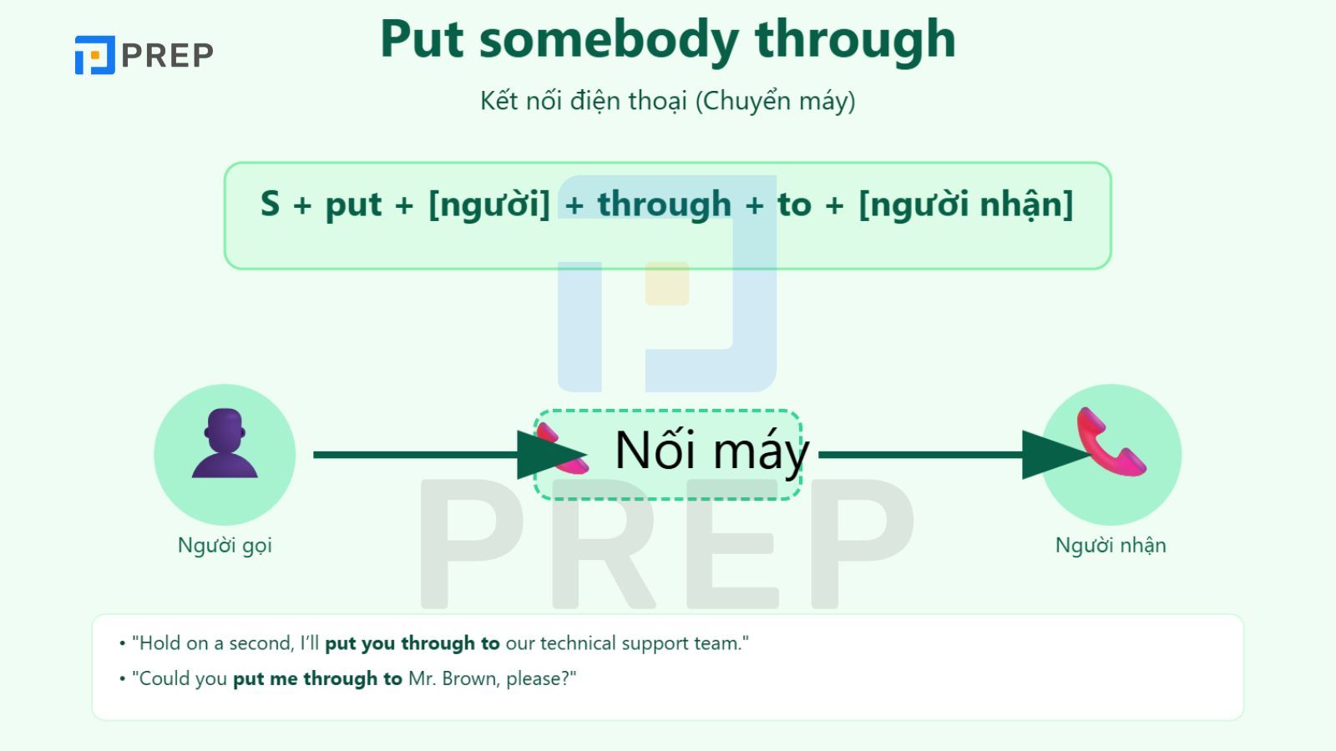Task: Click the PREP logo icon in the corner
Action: tap(94, 55)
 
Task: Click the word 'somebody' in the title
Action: tap(609, 39)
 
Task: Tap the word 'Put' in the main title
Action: tap(422, 39)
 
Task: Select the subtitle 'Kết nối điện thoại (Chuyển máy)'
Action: tap(667, 101)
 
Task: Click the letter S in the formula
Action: tap(270, 204)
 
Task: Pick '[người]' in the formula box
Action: tap(488, 204)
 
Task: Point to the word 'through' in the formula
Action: tap(664, 204)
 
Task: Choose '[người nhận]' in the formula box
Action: tap(965, 204)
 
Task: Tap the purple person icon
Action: tap(225, 444)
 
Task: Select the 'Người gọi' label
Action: tap(225, 546)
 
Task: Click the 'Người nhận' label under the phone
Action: tap(1111, 546)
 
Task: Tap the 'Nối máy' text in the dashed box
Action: tap(711, 451)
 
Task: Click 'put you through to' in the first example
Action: tap(412, 643)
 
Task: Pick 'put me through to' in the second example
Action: tap(317, 678)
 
